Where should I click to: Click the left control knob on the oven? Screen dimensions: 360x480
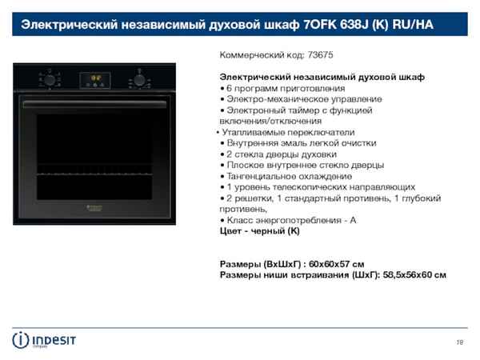coord(50,79)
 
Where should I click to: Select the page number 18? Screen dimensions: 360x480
coord(459,343)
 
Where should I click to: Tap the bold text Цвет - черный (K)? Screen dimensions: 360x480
coord(260,231)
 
